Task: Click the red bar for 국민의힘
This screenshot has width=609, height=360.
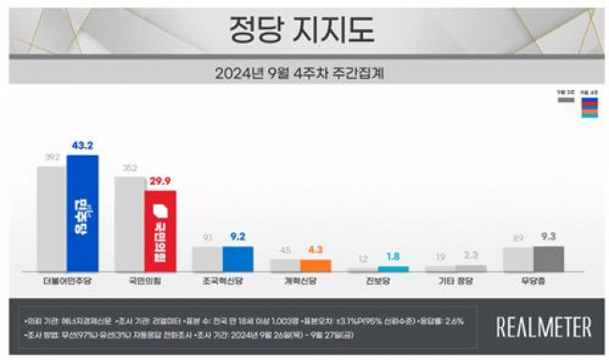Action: click(x=160, y=230)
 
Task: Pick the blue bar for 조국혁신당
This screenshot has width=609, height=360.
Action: click(x=238, y=259)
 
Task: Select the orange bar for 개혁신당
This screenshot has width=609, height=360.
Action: click(x=315, y=265)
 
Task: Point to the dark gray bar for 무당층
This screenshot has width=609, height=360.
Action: click(x=548, y=259)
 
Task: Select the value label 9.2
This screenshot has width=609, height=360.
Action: click(x=238, y=238)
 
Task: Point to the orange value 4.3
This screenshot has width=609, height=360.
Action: click(x=315, y=251)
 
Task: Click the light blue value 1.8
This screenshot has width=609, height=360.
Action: click(x=394, y=258)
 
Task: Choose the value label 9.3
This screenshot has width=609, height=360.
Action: click(x=548, y=238)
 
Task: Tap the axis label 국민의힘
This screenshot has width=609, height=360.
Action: click(x=143, y=280)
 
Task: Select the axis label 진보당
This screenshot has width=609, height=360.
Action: click(x=377, y=280)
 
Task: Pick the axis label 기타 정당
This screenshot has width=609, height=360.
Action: click(x=454, y=280)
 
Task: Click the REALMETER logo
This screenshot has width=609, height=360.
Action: click(x=543, y=326)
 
